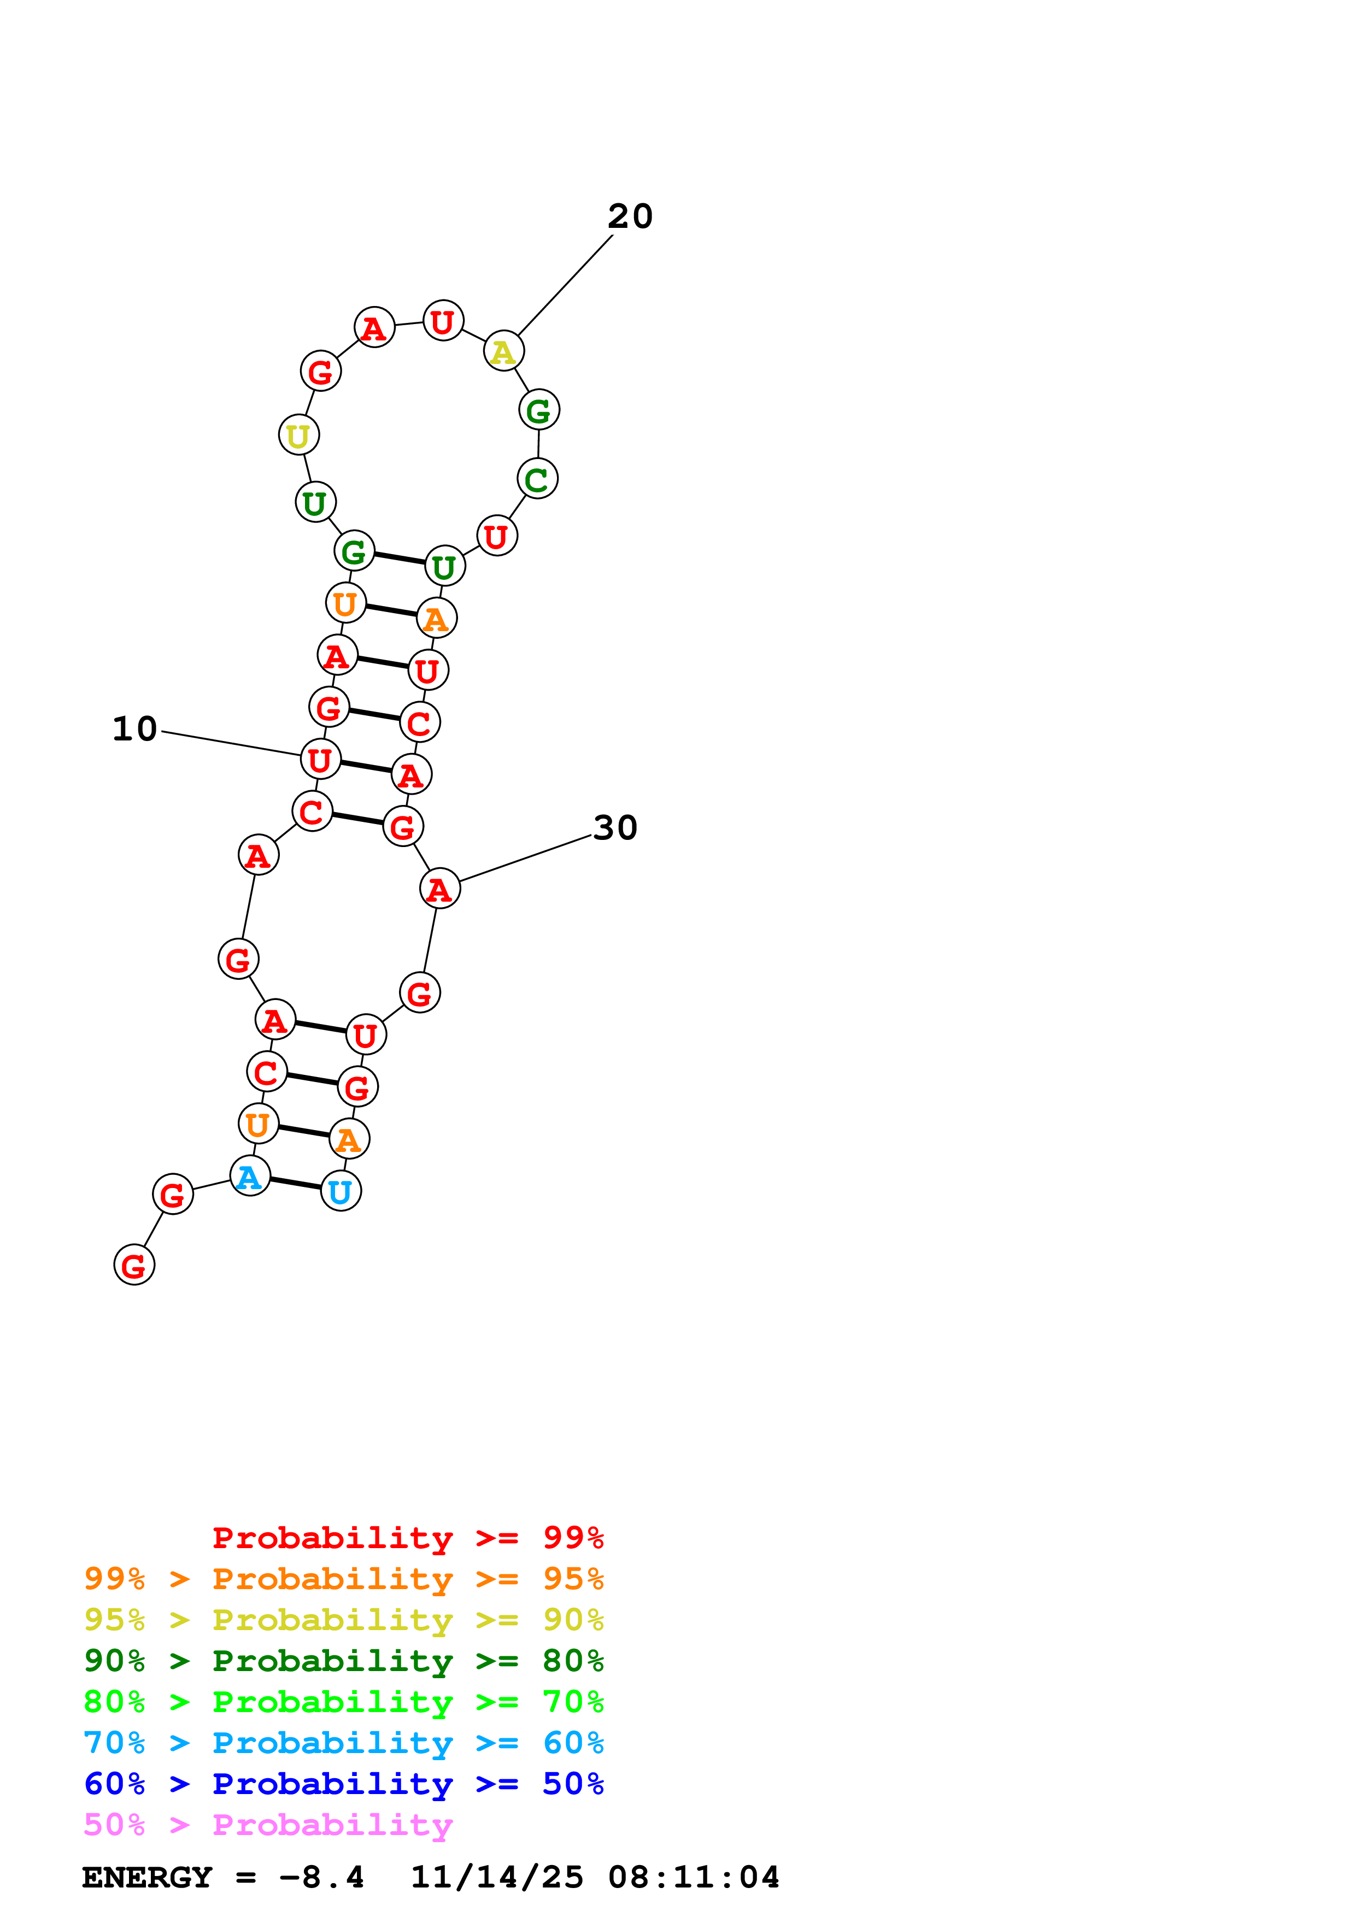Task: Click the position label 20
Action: tap(630, 216)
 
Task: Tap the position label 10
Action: tap(134, 729)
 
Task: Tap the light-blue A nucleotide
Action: tap(250, 1177)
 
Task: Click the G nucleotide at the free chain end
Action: tap(133, 1265)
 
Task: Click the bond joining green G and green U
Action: tap(399, 558)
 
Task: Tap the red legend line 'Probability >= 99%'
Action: tap(407, 1538)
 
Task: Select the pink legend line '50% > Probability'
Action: tap(268, 1825)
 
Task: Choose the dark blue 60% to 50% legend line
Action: tap(343, 1784)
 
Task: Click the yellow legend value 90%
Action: tap(573, 1620)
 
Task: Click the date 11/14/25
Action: tap(497, 1878)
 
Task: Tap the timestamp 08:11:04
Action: tap(693, 1878)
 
